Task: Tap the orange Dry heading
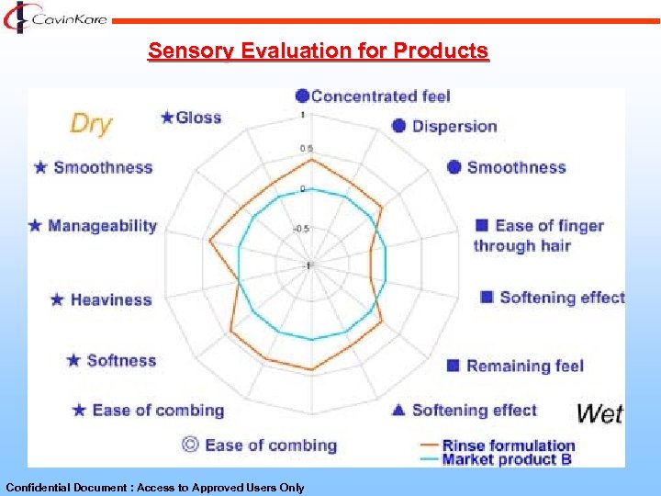(x=91, y=123)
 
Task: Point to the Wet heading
(x=599, y=413)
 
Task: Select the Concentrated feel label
(x=380, y=96)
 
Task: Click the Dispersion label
(x=454, y=126)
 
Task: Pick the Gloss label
(x=198, y=117)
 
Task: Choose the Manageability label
(x=102, y=225)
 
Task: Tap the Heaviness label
(x=110, y=299)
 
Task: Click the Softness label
(x=121, y=360)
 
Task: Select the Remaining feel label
(x=524, y=366)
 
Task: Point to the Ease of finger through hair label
(x=538, y=235)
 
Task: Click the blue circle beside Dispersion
(x=399, y=126)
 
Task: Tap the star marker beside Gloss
(x=167, y=117)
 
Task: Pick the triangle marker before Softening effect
(x=398, y=410)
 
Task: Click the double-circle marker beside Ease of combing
(x=190, y=445)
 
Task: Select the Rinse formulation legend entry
(x=508, y=445)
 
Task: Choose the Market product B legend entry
(x=507, y=459)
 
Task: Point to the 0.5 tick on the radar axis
(x=307, y=149)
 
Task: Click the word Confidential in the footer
(x=38, y=488)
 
